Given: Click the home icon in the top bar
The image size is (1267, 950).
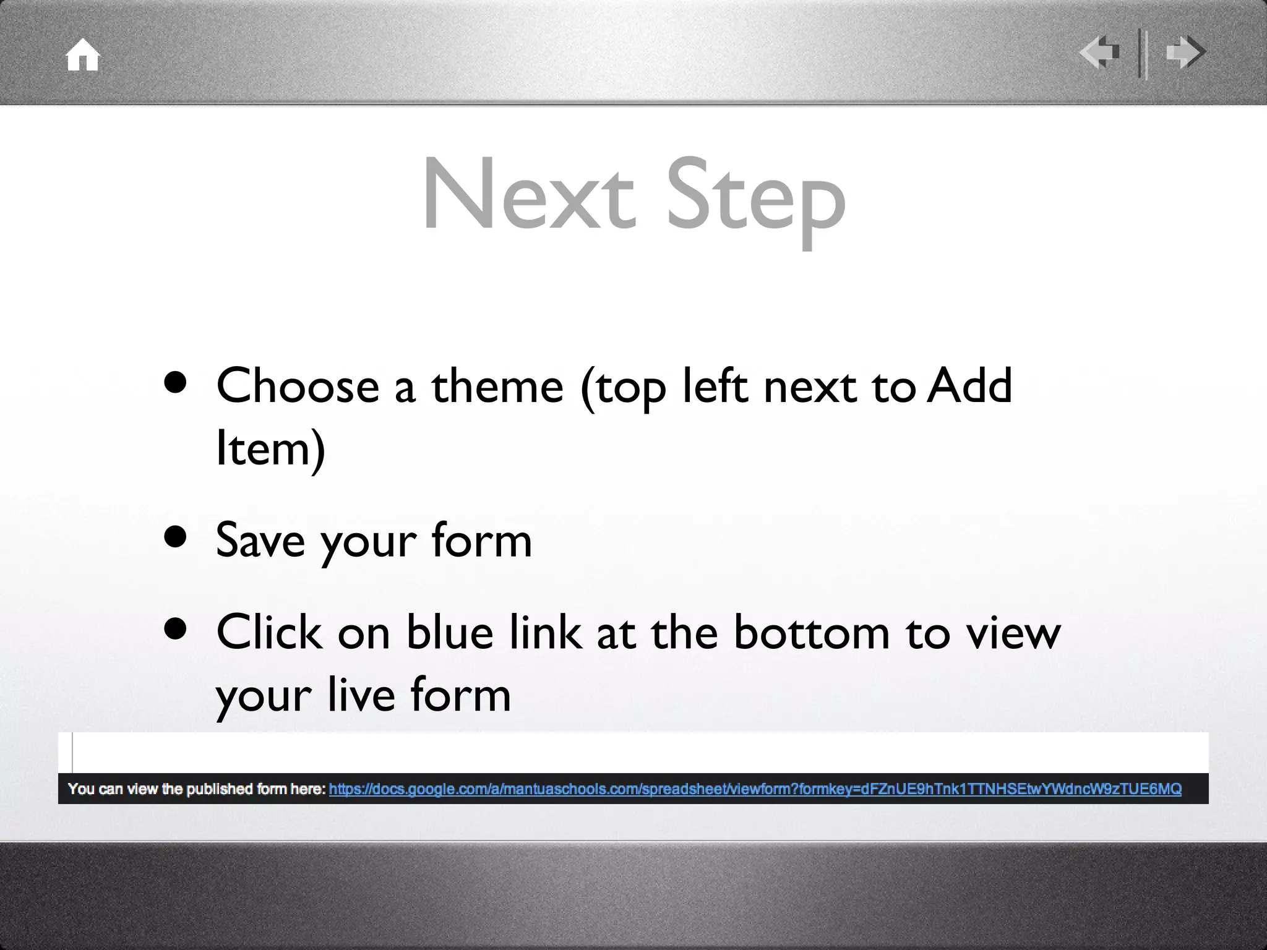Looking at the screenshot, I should pos(83,55).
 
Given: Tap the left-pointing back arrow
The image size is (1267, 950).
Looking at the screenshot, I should pos(1099,53).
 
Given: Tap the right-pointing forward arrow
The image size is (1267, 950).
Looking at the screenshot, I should pos(1185,53).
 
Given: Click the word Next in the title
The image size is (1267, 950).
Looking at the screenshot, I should pos(529,195).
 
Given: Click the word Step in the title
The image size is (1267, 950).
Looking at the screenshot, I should pos(755,198).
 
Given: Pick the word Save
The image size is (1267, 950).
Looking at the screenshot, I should pos(260,540).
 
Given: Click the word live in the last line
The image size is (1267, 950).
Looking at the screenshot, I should pos(361,694).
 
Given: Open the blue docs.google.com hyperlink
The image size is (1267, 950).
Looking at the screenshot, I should pos(755,789).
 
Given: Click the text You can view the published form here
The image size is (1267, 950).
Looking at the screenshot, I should pos(197,789).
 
